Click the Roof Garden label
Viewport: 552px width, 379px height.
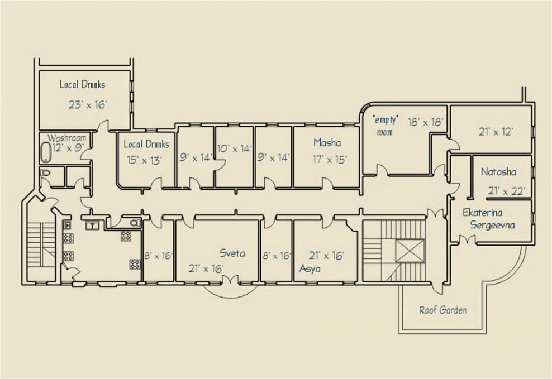coord(443,310)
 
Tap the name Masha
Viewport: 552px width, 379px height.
coord(327,142)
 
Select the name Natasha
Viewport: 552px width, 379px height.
coord(498,172)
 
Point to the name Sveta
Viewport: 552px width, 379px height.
coord(232,253)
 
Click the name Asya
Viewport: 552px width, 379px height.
coord(310,268)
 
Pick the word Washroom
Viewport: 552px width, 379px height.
coord(67,137)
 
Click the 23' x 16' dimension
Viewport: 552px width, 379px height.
coord(88,105)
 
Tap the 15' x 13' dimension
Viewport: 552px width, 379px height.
coord(144,160)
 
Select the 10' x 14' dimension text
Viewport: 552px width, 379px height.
coord(235,148)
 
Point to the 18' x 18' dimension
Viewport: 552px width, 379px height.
coord(425,122)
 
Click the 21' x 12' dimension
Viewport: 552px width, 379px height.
coord(496,132)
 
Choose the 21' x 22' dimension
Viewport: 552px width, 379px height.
coord(507,191)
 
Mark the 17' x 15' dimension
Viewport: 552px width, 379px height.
coord(330,160)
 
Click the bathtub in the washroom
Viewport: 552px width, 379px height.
coord(46,152)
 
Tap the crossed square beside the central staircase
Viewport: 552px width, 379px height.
coord(410,251)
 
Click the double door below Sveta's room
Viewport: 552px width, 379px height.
coord(231,280)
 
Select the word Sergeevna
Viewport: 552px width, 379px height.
coord(493,226)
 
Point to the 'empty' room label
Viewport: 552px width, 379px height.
coord(385,126)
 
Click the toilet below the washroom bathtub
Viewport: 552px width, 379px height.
coord(45,173)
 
